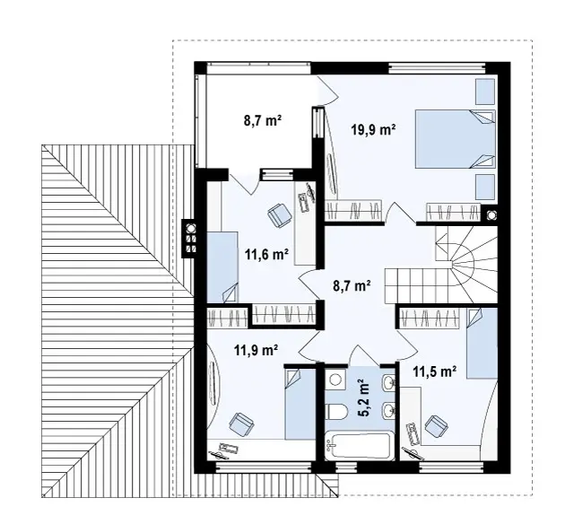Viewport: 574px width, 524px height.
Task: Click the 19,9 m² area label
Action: tap(373, 129)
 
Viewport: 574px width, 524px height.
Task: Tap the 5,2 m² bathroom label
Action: tap(362, 399)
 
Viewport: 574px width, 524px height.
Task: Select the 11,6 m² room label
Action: tap(266, 254)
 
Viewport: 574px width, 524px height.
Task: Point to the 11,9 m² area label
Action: tap(256, 350)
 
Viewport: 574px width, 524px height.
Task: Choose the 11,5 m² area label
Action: tap(434, 371)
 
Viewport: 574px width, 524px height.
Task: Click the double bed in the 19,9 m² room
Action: tap(455, 139)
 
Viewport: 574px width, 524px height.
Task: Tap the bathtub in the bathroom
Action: tap(360, 446)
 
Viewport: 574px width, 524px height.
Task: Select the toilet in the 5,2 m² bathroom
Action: tap(335, 412)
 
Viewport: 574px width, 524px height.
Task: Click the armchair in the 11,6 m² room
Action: tap(280, 215)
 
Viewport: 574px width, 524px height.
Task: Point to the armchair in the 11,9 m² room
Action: tap(241, 424)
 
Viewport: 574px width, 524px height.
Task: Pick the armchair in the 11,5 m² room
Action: tap(437, 426)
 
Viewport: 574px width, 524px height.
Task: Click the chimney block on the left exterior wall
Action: tap(190, 239)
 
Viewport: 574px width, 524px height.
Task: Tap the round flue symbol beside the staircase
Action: tap(491, 214)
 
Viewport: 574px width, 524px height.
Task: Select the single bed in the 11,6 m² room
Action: tap(222, 266)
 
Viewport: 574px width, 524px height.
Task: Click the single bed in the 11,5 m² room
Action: tap(482, 343)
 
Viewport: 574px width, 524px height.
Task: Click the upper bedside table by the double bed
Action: tap(485, 92)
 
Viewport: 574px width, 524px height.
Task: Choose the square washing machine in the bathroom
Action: tap(335, 379)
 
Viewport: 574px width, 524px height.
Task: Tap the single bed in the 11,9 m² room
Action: tap(300, 404)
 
